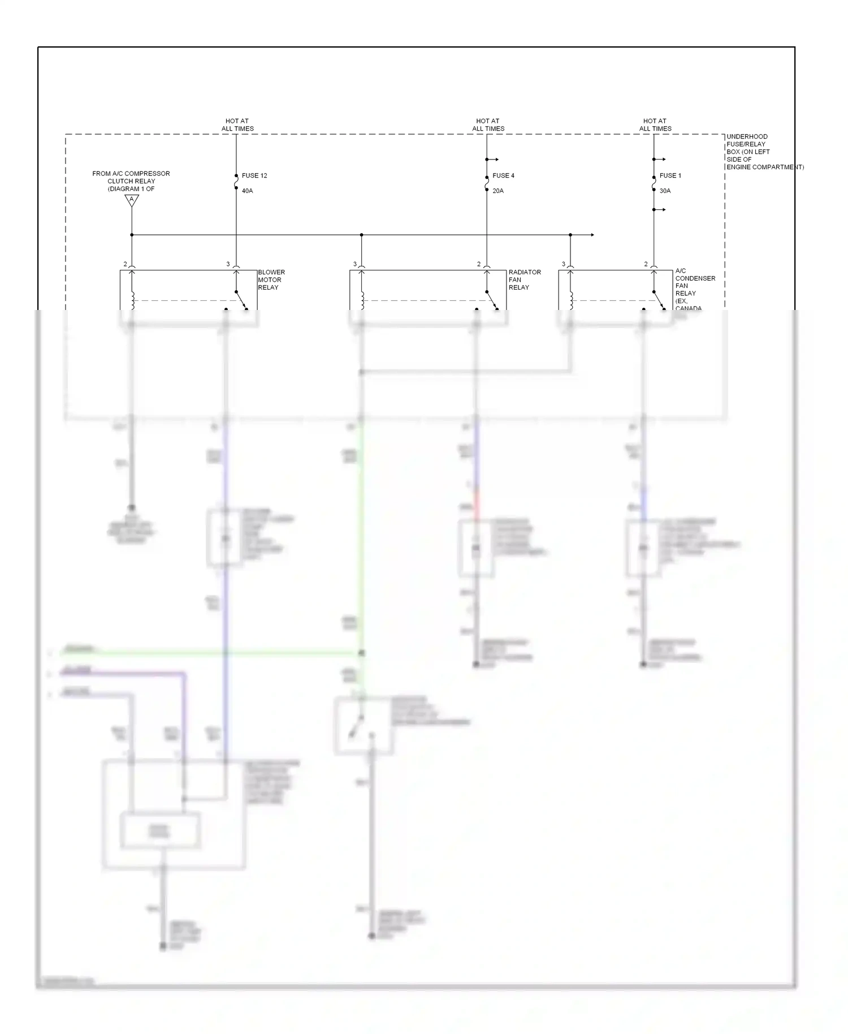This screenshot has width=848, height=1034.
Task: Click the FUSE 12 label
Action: coord(254,176)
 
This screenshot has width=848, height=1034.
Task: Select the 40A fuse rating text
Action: coord(247,191)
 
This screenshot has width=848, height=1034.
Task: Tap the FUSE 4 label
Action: coord(503,176)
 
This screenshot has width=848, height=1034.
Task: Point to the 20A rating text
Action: coord(497,191)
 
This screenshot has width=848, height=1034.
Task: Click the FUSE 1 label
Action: coord(670,176)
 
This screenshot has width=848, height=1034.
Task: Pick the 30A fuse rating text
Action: coord(665,191)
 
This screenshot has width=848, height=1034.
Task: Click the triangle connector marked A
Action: coord(132,200)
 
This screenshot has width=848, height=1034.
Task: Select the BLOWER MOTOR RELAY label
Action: coord(271,280)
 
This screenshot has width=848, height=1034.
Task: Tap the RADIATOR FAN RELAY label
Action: coord(524,280)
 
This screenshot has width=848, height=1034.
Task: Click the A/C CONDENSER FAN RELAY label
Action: coord(694,286)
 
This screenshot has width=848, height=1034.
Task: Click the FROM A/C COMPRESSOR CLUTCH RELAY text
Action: coord(131,181)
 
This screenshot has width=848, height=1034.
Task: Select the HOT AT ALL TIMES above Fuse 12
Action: coord(237,124)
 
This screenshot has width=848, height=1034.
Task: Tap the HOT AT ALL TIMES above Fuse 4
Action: coord(488,124)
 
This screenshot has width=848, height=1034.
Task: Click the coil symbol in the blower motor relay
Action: coord(133,300)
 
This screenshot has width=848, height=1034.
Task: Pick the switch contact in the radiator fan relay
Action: coord(491,300)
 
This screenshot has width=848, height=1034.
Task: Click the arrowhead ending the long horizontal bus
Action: coord(592,235)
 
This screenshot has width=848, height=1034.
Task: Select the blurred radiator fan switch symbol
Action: coord(362,726)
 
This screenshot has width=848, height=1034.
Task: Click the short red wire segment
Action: coord(477,503)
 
